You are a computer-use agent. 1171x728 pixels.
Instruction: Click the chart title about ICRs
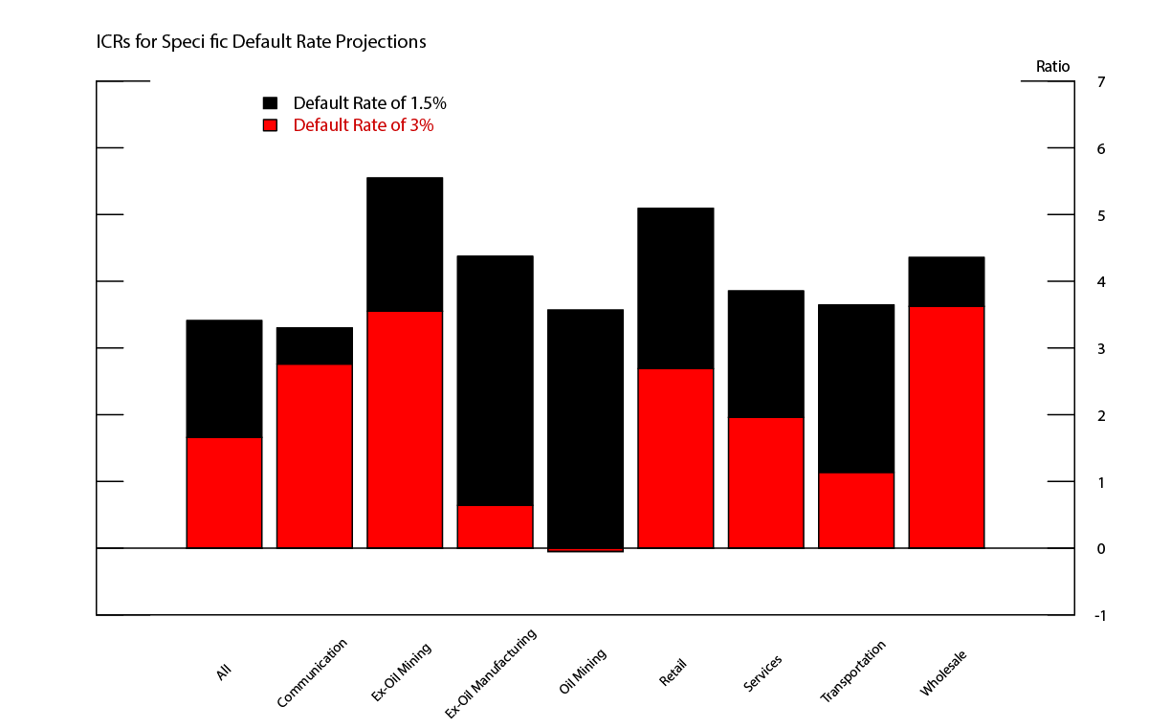coord(260,42)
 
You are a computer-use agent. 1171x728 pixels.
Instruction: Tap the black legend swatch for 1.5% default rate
coord(270,103)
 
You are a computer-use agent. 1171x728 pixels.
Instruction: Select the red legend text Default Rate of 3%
coord(363,125)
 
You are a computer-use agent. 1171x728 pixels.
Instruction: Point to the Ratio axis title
coord(1052,67)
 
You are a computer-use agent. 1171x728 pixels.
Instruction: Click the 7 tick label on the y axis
coord(1101,82)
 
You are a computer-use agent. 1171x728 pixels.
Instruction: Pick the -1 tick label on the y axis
coord(1099,615)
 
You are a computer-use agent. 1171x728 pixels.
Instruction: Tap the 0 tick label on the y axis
coord(1101,548)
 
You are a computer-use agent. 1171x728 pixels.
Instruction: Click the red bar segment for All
coord(224,493)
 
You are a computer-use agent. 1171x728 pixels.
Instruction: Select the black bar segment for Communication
coord(314,346)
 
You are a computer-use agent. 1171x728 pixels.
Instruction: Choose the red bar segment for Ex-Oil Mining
coord(405,430)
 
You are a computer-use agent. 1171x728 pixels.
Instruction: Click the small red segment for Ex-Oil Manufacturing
coord(495,527)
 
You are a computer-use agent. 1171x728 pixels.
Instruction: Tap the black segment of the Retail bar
coord(675,288)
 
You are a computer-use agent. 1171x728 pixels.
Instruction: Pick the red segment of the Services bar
coord(765,483)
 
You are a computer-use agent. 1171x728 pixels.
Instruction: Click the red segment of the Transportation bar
coord(855,511)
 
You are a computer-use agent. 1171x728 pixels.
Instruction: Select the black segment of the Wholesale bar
coord(946,282)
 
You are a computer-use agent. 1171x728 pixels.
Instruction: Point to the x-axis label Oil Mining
coord(583,673)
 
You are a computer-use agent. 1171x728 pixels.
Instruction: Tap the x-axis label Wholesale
coord(943,673)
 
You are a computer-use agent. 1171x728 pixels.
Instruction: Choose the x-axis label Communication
coord(312,673)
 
